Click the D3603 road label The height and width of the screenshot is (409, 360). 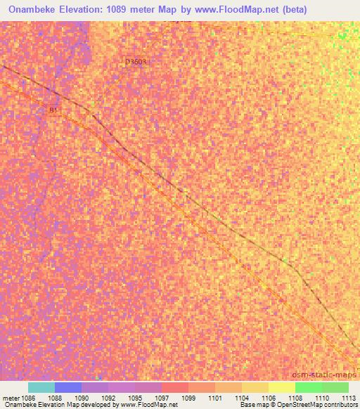pyautogui.click(x=136, y=62)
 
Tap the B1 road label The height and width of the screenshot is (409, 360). pyautogui.click(x=53, y=110)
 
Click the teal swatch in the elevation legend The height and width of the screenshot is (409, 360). pyautogui.click(x=41, y=387)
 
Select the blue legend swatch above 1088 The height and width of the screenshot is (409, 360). pyautogui.click(x=68, y=387)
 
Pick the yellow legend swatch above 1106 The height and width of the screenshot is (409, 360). pyautogui.click(x=255, y=387)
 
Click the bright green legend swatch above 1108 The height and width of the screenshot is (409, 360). pyautogui.click(x=308, y=387)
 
